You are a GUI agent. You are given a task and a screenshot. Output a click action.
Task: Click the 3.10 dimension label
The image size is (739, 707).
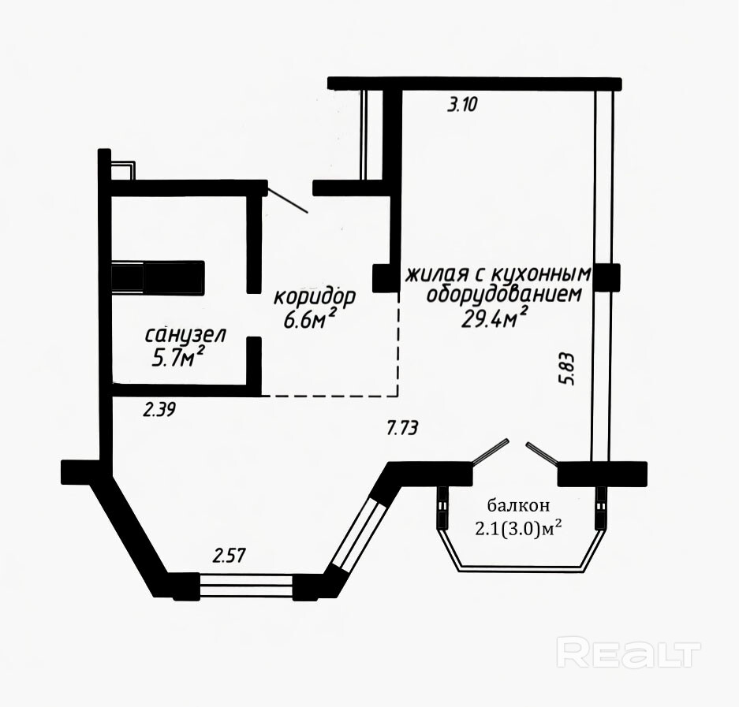pyautogui.click(x=462, y=104)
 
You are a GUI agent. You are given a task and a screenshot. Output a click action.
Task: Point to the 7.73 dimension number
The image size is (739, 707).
pyautogui.click(x=402, y=429)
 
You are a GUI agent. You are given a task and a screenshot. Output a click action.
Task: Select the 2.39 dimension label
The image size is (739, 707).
pyautogui.click(x=159, y=410)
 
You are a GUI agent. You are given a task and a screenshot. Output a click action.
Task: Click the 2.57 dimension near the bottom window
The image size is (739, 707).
pyautogui.click(x=229, y=556)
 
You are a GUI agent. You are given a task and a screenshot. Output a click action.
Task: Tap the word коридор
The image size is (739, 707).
pyautogui.click(x=315, y=297)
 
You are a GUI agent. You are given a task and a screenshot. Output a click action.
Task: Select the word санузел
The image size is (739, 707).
pyautogui.click(x=185, y=335)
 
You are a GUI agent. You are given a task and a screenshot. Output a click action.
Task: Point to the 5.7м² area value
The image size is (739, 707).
pyautogui.click(x=177, y=358)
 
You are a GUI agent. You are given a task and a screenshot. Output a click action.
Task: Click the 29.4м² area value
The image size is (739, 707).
pyautogui.click(x=494, y=318)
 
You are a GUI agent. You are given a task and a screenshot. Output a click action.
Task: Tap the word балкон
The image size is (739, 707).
pyautogui.click(x=518, y=506)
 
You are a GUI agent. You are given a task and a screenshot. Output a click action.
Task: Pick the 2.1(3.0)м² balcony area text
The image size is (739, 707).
pyautogui.click(x=518, y=530)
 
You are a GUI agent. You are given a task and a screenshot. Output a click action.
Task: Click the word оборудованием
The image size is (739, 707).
pyautogui.click(x=503, y=295)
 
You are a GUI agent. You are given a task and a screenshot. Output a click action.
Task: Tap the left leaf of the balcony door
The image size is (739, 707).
pyautogui.click(x=490, y=452)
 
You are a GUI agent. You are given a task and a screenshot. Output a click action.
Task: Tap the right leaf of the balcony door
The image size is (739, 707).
pyautogui.click(x=543, y=452)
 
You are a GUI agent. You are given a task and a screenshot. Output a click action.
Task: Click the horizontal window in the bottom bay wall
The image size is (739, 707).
pyautogui.click(x=247, y=585)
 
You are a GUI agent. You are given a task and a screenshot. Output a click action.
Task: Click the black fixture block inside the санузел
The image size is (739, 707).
pyautogui.click(x=158, y=277)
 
